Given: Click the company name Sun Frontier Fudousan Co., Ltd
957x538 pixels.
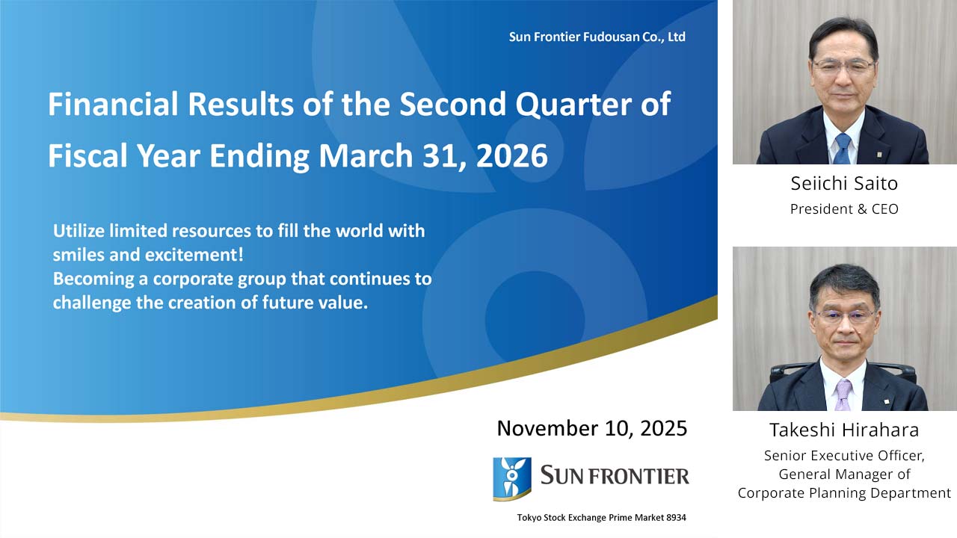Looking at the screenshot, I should [x=597, y=37].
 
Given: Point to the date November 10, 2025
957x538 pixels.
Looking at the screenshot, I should [x=591, y=428].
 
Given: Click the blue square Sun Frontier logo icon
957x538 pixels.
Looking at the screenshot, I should [x=512, y=478].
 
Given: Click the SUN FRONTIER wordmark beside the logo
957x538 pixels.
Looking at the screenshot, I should [x=614, y=475].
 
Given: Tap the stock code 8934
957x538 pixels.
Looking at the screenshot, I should [x=673, y=517].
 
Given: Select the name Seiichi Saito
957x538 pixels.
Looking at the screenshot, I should [x=844, y=183].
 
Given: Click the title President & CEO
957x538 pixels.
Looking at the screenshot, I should [x=844, y=209].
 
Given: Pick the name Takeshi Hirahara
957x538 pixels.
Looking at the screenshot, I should [x=844, y=430].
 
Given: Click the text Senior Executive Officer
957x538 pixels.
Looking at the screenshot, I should [x=844, y=455].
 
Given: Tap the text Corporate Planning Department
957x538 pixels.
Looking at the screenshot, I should [x=844, y=492].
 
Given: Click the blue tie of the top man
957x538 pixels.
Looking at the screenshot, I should [x=842, y=148].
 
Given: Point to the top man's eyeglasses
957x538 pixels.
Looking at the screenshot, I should [x=843, y=66].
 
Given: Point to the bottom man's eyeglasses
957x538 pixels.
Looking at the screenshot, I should [x=845, y=315].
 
